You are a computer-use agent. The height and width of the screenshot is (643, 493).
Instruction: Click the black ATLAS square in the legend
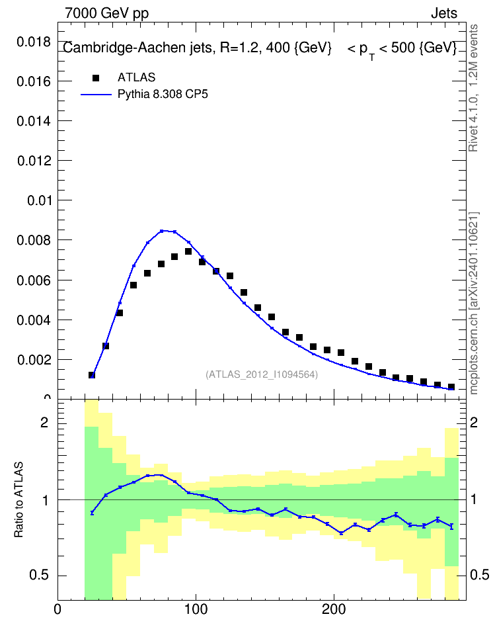[96, 78]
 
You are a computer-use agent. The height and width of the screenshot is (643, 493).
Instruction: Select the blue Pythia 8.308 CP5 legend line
[96, 95]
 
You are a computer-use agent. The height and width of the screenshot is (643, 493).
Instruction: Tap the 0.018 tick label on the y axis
[34, 42]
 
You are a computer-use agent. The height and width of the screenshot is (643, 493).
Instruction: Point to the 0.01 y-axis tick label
[39, 201]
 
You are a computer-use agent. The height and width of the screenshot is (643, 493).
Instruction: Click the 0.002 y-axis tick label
[34, 360]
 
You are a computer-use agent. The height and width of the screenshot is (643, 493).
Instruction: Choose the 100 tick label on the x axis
[196, 609]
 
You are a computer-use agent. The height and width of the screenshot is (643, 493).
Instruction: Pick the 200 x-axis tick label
[334, 609]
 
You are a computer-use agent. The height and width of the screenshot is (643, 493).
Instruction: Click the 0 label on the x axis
[57, 609]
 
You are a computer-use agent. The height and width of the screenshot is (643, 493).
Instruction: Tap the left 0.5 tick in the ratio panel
[40, 576]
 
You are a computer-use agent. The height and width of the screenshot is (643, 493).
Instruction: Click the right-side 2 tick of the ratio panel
[474, 423]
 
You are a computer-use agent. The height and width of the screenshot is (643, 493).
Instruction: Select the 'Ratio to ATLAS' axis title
[19, 500]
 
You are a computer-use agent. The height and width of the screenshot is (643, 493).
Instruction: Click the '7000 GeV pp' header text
[106, 13]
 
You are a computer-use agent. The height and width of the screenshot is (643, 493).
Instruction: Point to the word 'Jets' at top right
[444, 13]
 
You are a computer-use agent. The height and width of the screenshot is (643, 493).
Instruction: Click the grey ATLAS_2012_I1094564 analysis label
[262, 374]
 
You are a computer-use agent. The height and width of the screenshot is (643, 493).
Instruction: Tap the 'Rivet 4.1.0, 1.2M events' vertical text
[473, 88]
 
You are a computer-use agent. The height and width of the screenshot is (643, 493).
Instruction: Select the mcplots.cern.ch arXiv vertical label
[474, 303]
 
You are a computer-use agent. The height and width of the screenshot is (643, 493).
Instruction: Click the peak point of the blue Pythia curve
[161, 231]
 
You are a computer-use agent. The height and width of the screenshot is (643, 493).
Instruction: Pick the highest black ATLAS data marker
[188, 251]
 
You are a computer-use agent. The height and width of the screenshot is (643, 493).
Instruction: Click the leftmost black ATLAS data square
[92, 375]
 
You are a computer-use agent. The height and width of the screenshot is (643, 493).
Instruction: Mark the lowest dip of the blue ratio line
[341, 533]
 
